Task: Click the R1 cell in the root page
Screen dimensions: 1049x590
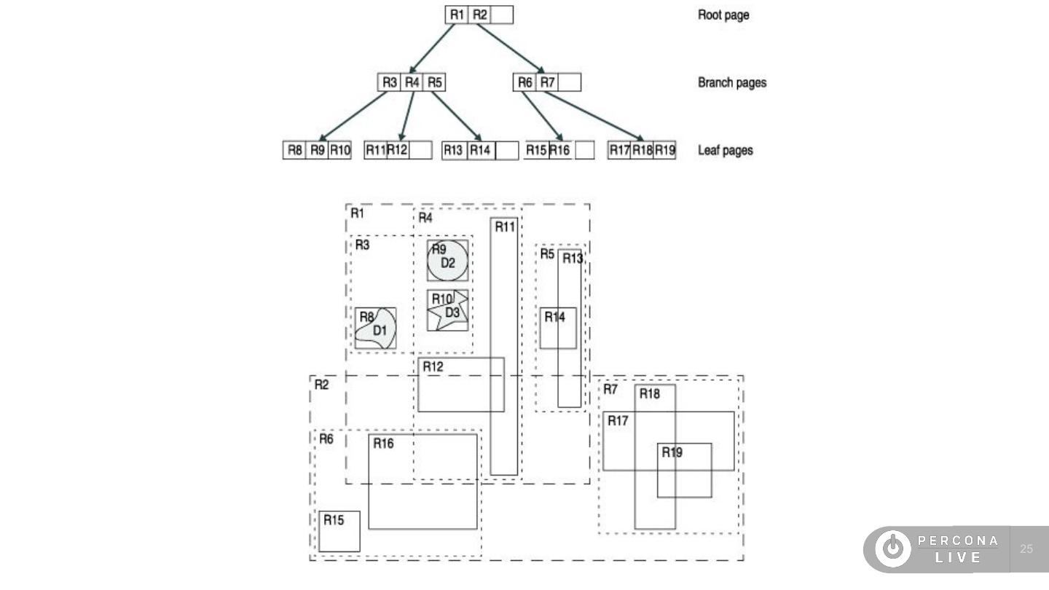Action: pyautogui.click(x=457, y=15)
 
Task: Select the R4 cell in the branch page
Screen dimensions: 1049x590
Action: pyautogui.click(x=412, y=82)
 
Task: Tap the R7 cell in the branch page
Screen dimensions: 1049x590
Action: pyautogui.click(x=547, y=82)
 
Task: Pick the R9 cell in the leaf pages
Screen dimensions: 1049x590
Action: pyautogui.click(x=317, y=150)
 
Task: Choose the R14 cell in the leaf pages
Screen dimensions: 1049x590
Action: pyautogui.click(x=481, y=150)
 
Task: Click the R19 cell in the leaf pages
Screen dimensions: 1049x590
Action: pyautogui.click(x=664, y=150)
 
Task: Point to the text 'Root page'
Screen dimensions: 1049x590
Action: pyautogui.click(x=723, y=15)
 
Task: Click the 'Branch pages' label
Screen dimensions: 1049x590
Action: pyautogui.click(x=732, y=83)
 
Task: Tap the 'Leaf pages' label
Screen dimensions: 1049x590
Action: pyautogui.click(x=726, y=150)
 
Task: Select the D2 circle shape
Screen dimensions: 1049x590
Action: pyautogui.click(x=447, y=261)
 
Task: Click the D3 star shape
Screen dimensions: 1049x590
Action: pyautogui.click(x=449, y=310)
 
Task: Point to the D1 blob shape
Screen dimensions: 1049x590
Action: pyautogui.click(x=376, y=329)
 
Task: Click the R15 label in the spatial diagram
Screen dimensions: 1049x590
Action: pyautogui.click(x=334, y=520)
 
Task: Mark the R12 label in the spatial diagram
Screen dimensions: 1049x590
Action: pyautogui.click(x=433, y=366)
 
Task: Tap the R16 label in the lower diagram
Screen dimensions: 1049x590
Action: pyautogui.click(x=383, y=444)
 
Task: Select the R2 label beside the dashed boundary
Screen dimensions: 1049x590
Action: pyautogui.click(x=321, y=385)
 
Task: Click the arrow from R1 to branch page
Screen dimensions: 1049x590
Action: pyautogui.click(x=432, y=48)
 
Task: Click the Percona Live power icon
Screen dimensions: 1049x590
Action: pyautogui.click(x=893, y=548)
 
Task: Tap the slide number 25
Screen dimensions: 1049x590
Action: pyautogui.click(x=1026, y=548)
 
